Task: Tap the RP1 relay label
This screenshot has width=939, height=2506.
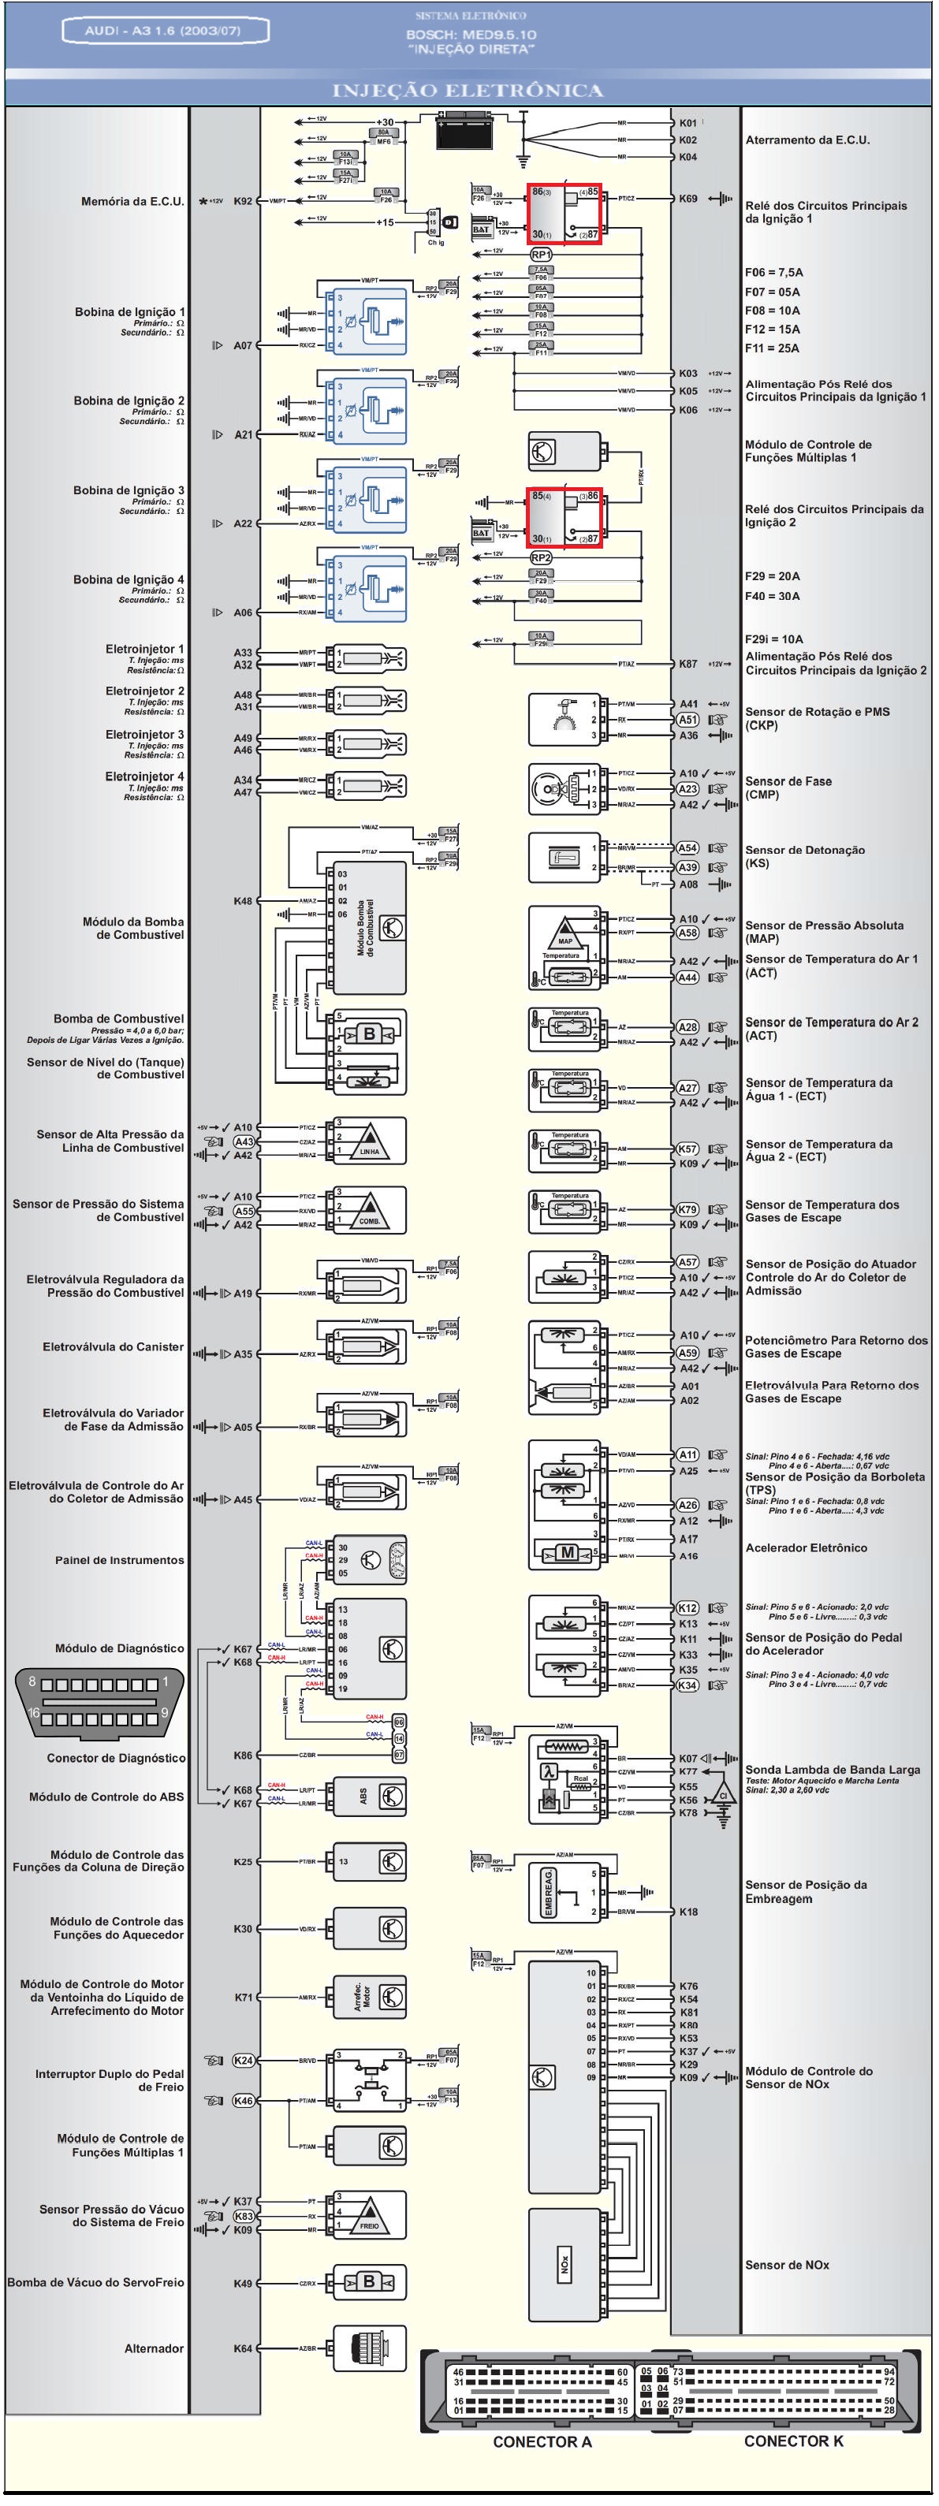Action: [541, 254]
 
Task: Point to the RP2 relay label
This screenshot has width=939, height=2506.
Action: [541, 557]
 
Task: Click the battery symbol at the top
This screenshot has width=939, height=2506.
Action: [465, 130]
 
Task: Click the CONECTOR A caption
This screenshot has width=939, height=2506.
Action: [542, 2441]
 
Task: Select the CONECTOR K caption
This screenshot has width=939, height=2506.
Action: [793, 2440]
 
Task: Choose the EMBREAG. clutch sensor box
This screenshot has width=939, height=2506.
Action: [548, 1892]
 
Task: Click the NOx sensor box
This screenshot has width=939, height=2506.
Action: [565, 2265]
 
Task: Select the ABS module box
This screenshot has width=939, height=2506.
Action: [370, 1796]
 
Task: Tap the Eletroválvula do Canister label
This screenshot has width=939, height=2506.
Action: [113, 1346]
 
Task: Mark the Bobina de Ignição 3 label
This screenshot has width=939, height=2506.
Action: [129, 490]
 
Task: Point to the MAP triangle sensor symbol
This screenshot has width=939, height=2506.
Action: [565, 931]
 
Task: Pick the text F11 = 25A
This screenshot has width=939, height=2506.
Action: [772, 348]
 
